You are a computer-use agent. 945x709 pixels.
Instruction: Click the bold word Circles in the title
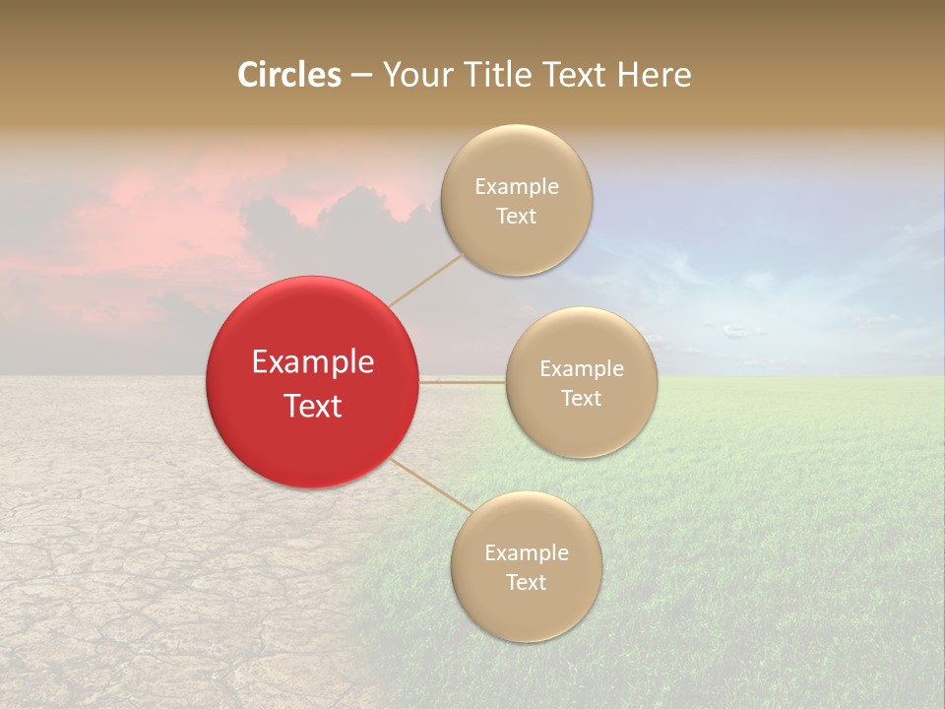(x=288, y=75)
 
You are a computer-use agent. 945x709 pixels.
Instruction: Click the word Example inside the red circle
(x=313, y=362)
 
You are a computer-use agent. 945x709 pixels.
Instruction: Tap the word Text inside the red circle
(x=313, y=406)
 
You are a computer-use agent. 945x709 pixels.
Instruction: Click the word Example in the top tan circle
(x=517, y=187)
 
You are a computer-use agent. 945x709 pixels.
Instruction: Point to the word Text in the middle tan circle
(x=582, y=399)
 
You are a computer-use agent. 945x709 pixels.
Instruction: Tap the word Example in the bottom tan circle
(x=527, y=553)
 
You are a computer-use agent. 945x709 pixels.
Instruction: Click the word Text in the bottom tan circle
(x=527, y=583)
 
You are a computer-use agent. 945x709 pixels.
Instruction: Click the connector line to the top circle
(x=425, y=280)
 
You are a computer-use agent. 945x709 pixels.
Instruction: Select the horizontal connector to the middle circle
(x=463, y=381)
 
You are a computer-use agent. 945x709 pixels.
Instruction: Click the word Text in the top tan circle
(x=517, y=217)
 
